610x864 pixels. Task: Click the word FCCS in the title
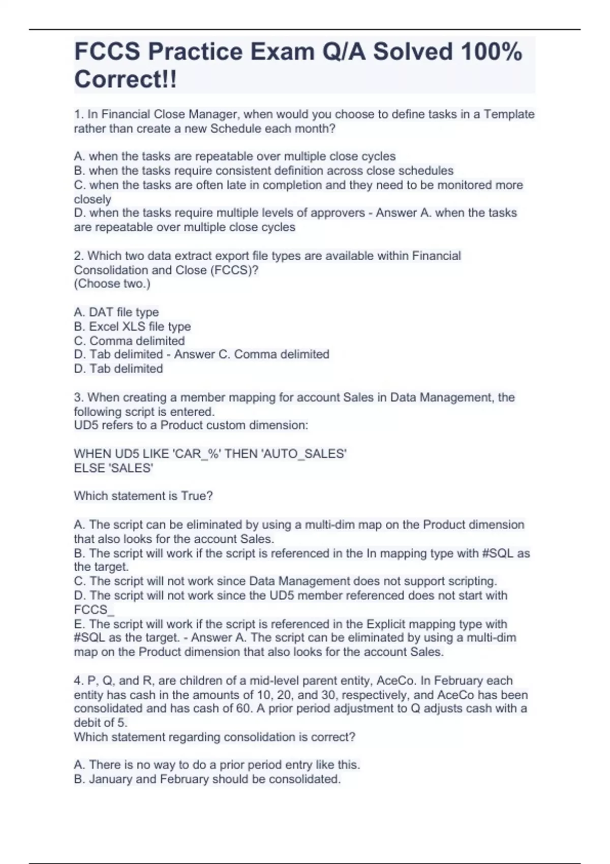point(107,52)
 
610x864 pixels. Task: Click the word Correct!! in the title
point(125,80)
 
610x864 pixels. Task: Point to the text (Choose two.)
point(112,284)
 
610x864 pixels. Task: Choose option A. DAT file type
point(116,312)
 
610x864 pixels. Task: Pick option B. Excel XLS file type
point(132,326)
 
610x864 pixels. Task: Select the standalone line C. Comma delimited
point(129,341)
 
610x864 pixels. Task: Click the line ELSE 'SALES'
point(113,468)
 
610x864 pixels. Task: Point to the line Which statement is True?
point(143,496)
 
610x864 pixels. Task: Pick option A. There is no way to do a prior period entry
point(217,764)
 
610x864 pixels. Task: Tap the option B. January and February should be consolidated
point(207,779)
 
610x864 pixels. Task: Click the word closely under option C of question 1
point(93,199)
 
